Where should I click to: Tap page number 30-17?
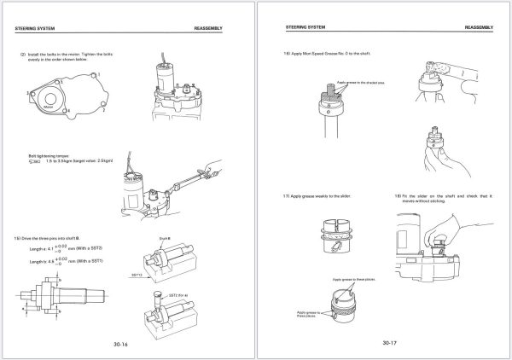pyautogui.click(x=389, y=343)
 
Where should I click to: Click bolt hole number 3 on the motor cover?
pyautogui.click(x=32, y=92)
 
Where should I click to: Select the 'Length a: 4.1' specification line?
pyautogui.click(x=64, y=249)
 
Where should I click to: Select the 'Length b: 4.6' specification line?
pyautogui.click(x=64, y=262)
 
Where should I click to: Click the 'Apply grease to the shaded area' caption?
pyautogui.click(x=358, y=83)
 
